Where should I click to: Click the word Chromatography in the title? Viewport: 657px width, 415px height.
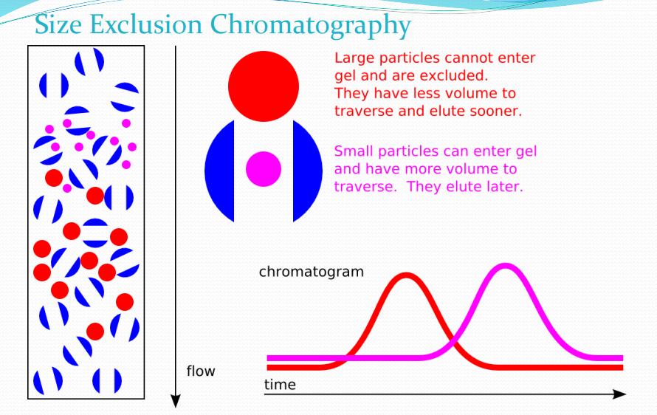click(310, 26)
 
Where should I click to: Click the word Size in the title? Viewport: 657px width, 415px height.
click(58, 24)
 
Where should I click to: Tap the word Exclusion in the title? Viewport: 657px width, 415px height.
click(145, 24)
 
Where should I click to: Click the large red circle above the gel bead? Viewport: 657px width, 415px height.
click(264, 86)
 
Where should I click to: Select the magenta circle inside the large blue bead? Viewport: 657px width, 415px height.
click(264, 169)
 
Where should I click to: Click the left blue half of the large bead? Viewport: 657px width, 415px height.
click(220, 171)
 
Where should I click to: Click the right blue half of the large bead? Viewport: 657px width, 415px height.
click(307, 171)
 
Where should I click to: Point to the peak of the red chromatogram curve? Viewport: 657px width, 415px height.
click(405, 275)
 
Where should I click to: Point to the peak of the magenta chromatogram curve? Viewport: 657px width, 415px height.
click(506, 266)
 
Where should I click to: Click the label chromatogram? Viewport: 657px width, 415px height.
click(312, 272)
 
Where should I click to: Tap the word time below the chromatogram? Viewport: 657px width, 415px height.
click(280, 385)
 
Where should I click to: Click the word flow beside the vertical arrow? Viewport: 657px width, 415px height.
click(201, 371)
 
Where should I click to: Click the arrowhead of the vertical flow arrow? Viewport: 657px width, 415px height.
click(176, 401)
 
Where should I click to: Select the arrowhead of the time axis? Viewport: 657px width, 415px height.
click(619, 394)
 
